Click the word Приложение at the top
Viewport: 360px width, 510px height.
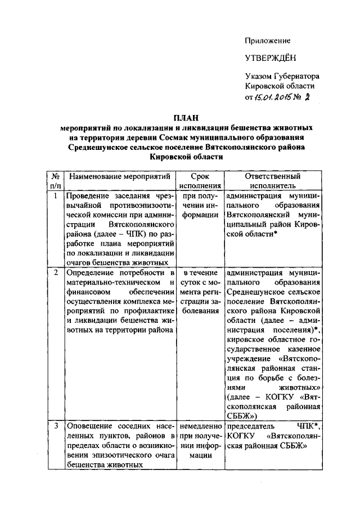click(267, 41)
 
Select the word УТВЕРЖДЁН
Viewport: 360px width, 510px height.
click(269, 58)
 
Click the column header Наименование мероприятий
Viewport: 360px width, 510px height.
click(119, 176)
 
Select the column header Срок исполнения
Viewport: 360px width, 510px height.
click(200, 180)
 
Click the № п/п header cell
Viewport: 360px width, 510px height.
click(56, 180)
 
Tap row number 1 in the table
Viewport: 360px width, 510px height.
click(55, 196)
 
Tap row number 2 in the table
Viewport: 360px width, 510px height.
click(55, 273)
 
